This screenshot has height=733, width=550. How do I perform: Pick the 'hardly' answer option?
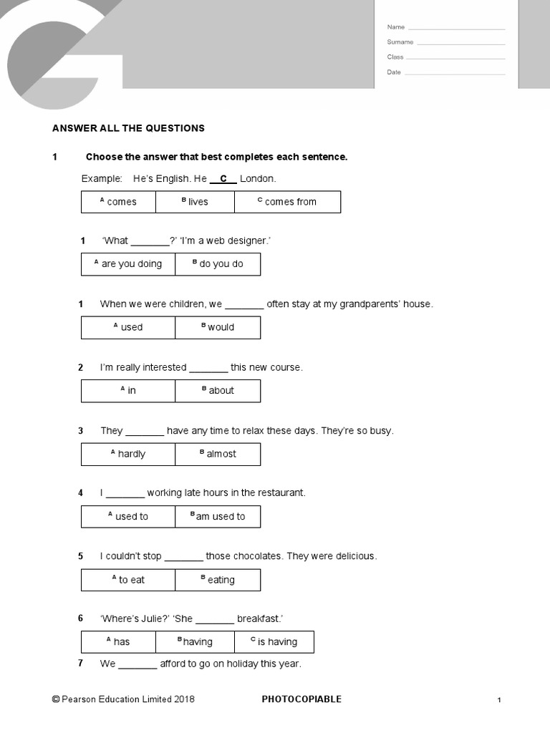[128, 454]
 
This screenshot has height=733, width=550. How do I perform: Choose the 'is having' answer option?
[274, 642]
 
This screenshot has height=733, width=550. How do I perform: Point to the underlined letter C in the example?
[223, 179]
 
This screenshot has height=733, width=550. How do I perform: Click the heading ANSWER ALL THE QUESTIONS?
[128, 128]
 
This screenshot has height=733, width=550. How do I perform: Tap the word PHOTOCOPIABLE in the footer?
[301, 699]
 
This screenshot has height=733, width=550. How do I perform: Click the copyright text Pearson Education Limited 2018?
[123, 699]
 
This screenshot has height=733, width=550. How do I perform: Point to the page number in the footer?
[499, 700]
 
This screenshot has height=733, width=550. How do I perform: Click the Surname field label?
[400, 42]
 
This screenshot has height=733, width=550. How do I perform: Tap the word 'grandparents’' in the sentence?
[370, 304]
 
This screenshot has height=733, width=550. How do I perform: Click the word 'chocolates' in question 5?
[256, 556]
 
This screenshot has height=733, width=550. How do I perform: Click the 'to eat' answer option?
[128, 580]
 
